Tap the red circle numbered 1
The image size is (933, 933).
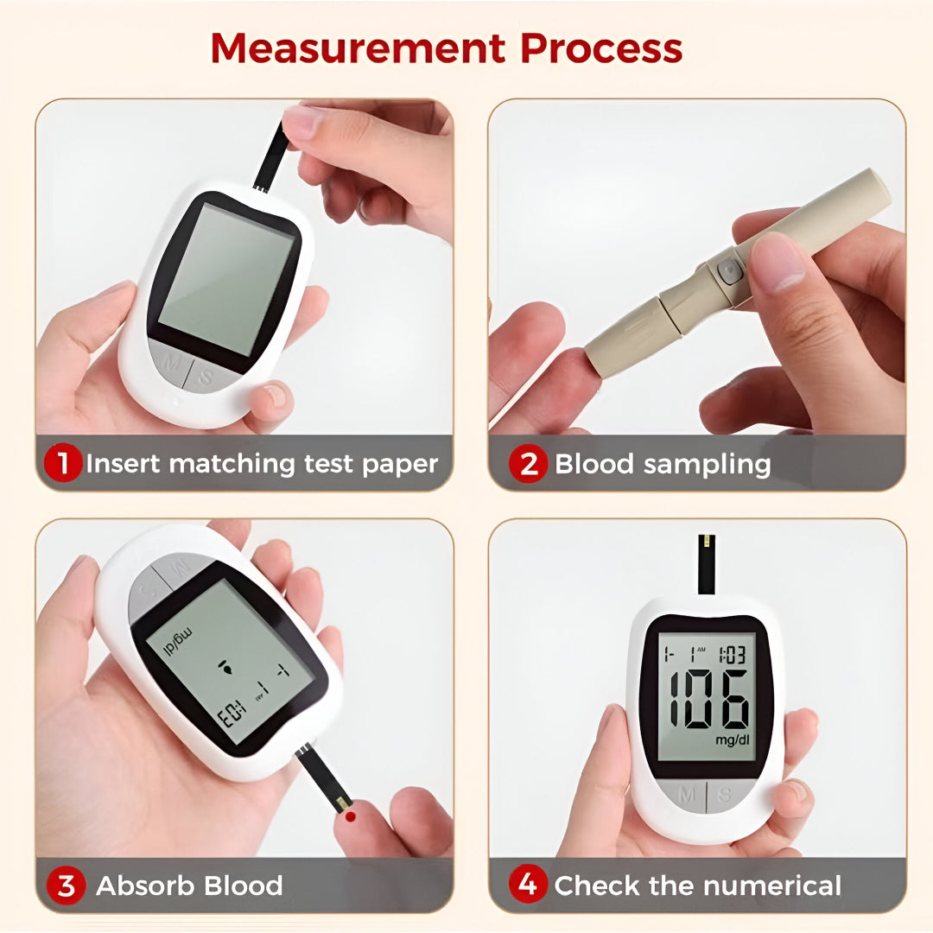(63, 464)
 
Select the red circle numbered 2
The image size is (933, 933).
(527, 464)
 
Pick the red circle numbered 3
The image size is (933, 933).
(67, 885)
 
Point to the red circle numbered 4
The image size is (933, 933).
(527, 885)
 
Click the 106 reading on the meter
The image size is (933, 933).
(708, 700)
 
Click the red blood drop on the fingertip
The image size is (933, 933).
(350, 815)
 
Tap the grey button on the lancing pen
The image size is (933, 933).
(729, 272)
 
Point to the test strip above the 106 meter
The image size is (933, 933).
(706, 564)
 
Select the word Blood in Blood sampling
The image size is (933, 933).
(594, 464)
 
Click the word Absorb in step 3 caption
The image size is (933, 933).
(144, 885)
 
